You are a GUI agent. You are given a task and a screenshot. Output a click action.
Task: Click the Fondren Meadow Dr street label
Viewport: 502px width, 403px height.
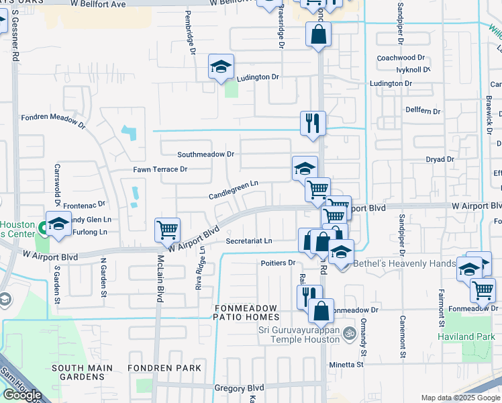click(53, 120)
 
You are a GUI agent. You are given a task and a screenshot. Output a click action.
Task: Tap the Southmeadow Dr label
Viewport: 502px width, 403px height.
click(205, 154)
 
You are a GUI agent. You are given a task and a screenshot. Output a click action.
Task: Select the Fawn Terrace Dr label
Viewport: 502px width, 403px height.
click(160, 169)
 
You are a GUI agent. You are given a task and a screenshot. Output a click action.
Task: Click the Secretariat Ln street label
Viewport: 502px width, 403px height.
click(249, 240)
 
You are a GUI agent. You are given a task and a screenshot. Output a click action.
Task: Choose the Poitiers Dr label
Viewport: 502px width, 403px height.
click(278, 263)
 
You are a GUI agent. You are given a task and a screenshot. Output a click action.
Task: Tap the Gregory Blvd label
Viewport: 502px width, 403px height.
click(239, 388)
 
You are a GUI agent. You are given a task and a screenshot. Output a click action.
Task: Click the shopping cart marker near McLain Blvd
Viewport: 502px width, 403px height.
click(167, 230)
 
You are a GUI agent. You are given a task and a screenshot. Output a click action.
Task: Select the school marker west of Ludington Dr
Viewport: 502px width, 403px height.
click(221, 66)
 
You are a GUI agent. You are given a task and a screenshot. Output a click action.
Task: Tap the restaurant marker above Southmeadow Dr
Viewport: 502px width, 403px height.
click(313, 123)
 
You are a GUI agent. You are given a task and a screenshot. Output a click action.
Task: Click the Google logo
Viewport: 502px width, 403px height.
click(22, 394)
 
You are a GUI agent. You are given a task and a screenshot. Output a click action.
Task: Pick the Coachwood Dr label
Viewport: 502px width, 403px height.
click(401, 58)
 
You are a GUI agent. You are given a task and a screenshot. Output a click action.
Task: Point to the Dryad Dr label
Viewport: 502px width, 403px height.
click(440, 159)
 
